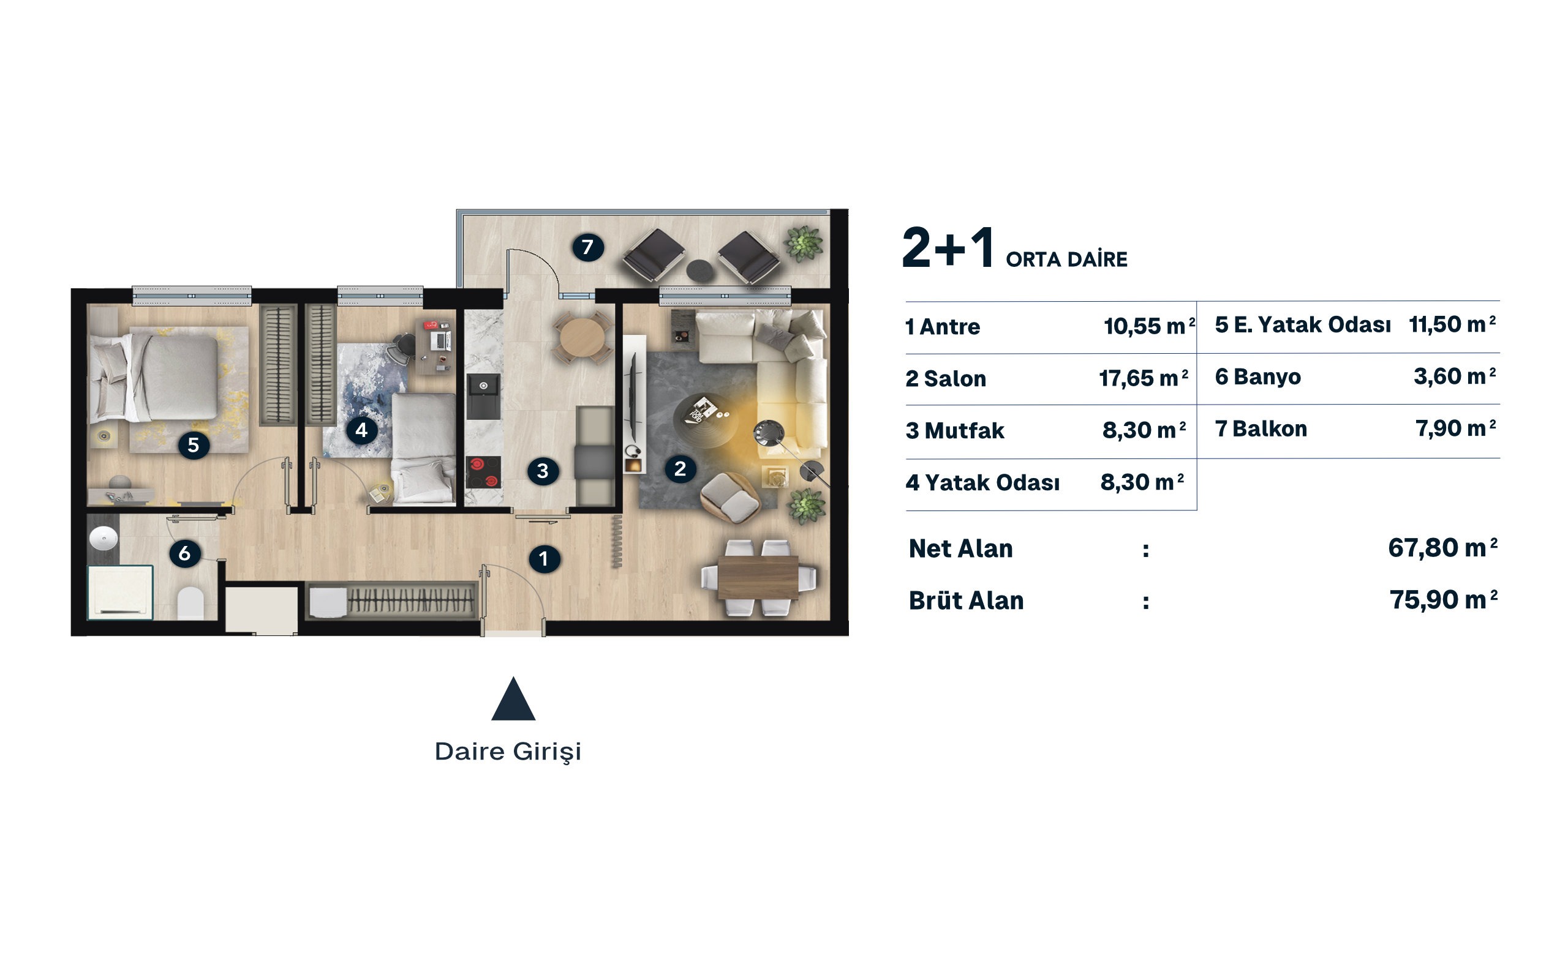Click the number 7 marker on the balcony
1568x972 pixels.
pos(587,247)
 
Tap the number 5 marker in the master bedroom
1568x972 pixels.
pos(193,445)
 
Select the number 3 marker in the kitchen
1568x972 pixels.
pos(543,471)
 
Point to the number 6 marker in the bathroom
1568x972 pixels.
pos(184,553)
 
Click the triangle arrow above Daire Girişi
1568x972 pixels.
pos(513,699)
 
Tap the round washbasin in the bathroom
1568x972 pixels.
pos(104,538)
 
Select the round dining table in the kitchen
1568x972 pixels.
pos(582,337)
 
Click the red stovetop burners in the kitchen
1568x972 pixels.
pos(484,472)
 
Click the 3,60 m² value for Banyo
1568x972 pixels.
pos(1454,376)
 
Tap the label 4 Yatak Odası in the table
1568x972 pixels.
pos(982,482)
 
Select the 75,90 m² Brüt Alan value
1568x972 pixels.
pos(1443,599)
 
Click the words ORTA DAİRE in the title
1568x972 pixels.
pos(1066,259)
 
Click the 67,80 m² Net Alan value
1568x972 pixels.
pos(1442,547)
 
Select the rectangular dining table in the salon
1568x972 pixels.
pos(758,577)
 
